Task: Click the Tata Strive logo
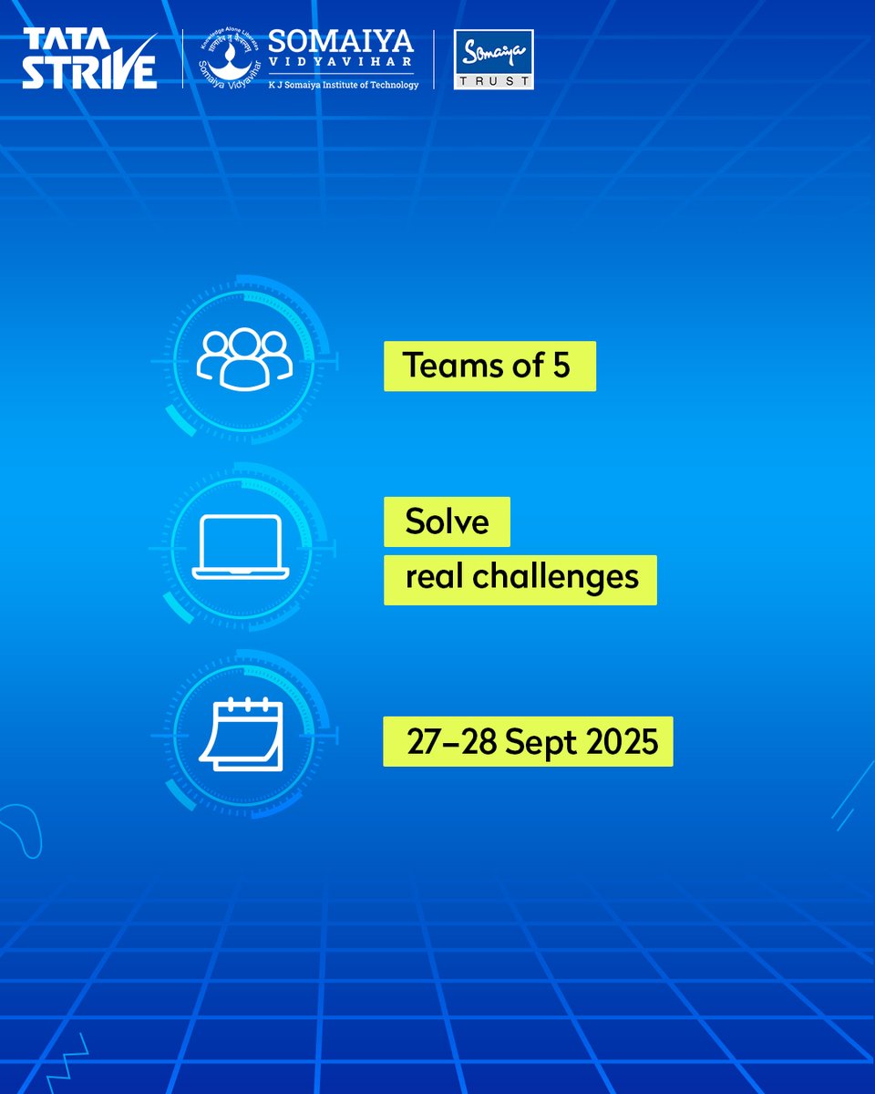coord(89,60)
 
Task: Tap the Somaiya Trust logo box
coord(493,60)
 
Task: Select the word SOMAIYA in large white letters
coord(341,42)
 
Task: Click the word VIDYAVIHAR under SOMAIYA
coord(341,65)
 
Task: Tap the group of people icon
coord(244,356)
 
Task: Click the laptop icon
coord(241,547)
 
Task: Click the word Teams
coord(447,366)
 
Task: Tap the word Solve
coord(447,522)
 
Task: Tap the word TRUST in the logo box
coord(493,80)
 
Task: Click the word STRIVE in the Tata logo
coord(89,73)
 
